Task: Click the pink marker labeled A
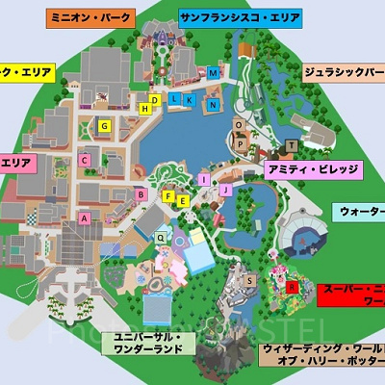point(85,218)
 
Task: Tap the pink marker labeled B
point(141,194)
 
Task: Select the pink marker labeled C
point(85,160)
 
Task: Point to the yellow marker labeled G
point(105,125)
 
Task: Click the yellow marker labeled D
point(153,100)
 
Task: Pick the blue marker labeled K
point(190,99)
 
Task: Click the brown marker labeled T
point(291,144)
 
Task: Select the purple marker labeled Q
point(161,235)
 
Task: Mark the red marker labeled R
point(292,287)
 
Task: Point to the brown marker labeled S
point(250,279)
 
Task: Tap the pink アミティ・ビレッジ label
point(313,169)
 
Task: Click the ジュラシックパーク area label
point(344,72)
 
